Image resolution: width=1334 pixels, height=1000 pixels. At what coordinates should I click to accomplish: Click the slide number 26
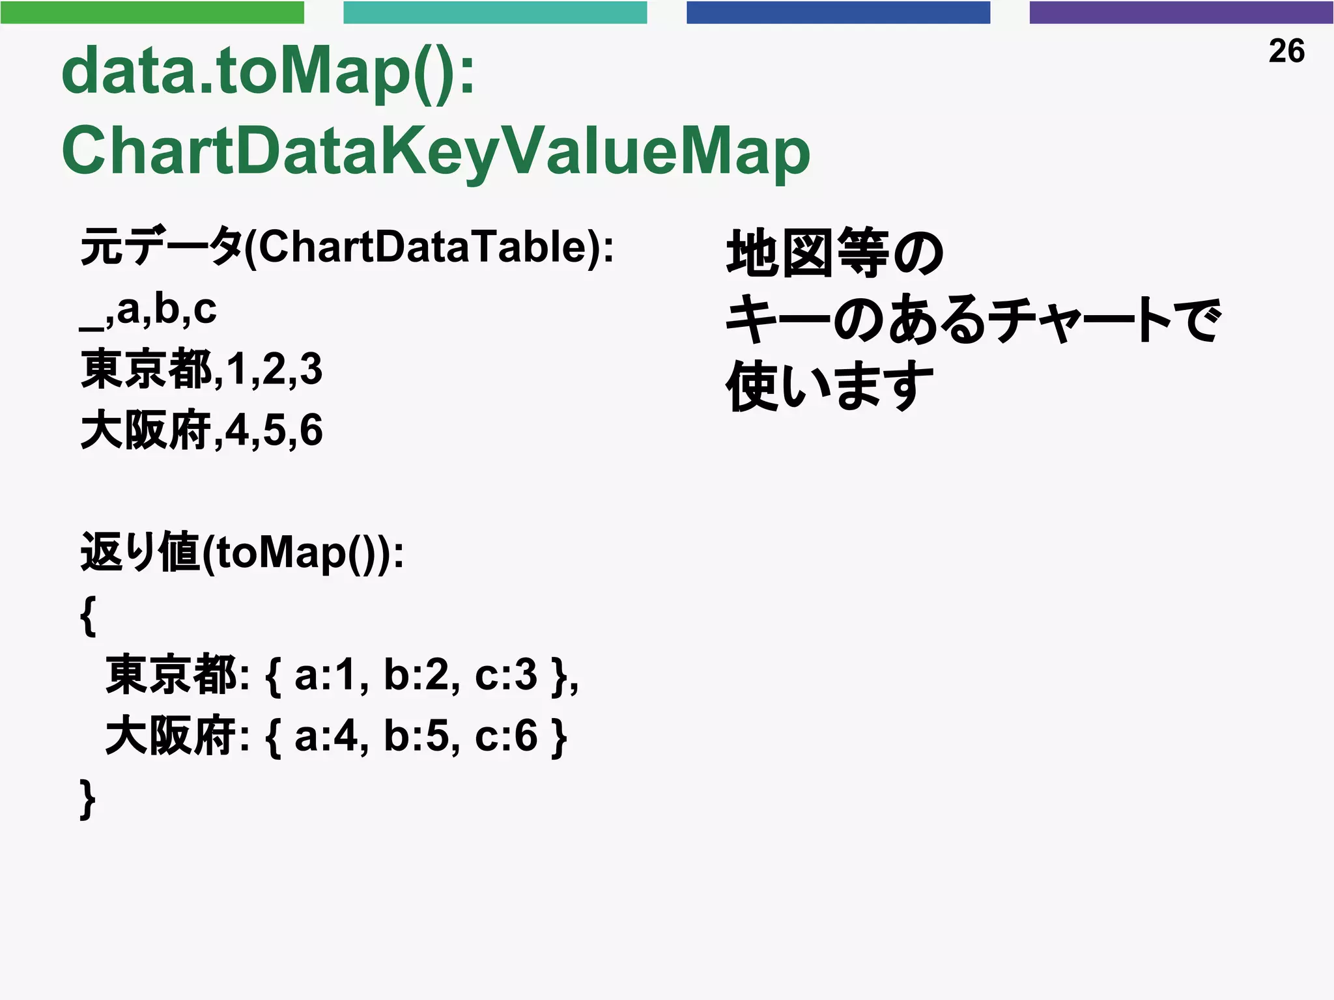1286,51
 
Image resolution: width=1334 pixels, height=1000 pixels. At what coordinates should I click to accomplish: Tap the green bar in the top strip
152,12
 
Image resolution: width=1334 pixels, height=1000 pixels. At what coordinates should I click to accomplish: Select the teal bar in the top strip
495,12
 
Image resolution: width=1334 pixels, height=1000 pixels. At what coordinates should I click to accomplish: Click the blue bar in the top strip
838,12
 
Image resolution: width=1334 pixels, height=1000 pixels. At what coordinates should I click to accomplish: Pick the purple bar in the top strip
1181,12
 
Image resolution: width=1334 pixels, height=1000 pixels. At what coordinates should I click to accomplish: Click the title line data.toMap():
268,72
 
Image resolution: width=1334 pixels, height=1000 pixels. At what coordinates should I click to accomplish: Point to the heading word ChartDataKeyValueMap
435,152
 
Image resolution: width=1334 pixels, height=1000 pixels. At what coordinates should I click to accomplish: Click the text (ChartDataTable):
429,247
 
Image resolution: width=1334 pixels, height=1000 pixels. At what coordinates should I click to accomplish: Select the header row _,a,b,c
148,310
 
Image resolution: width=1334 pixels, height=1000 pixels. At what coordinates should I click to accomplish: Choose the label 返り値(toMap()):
242,553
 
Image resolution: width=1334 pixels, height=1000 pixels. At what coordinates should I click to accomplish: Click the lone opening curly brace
89,615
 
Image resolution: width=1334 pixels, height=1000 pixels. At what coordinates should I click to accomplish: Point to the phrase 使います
829,385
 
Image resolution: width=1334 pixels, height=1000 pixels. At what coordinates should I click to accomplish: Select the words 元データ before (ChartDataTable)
161,247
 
